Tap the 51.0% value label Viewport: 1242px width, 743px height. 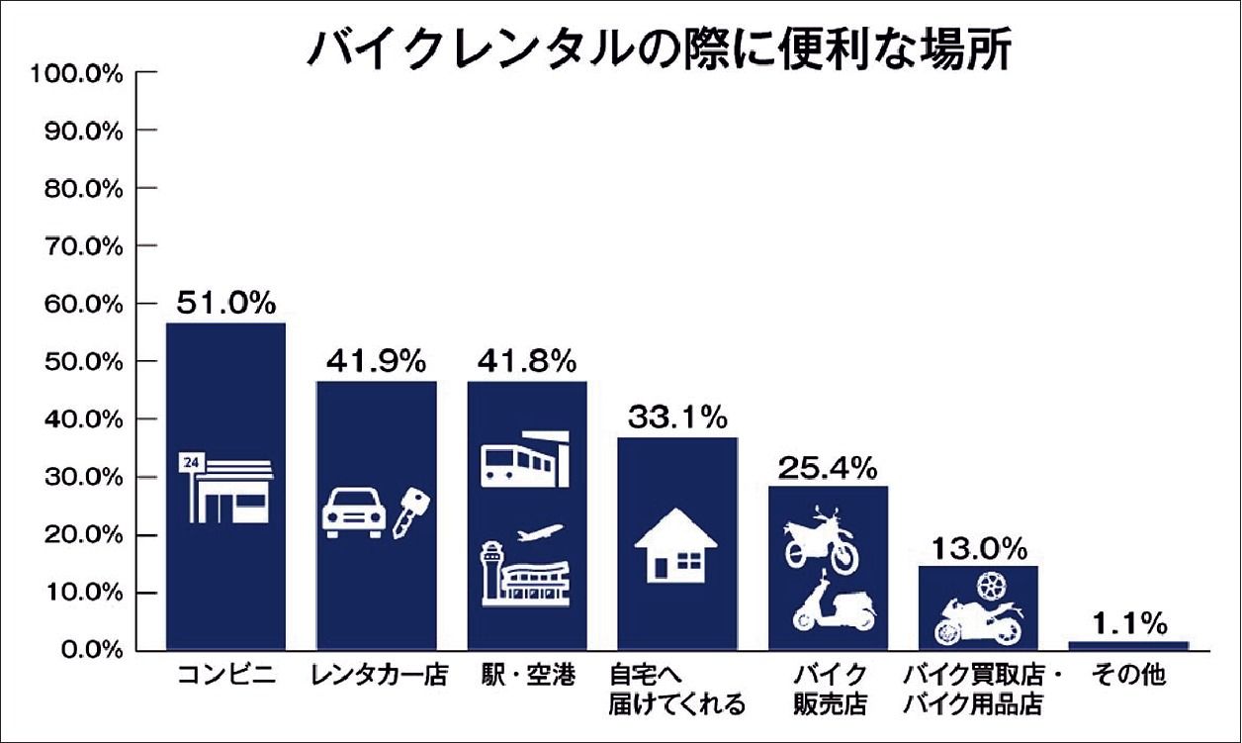225,303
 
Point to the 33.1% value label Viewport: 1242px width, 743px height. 677,418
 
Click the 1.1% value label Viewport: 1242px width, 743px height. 1128,623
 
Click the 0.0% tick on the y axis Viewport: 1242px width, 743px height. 85,650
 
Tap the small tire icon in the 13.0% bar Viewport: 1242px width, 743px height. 988,585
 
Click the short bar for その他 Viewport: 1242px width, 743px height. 1128,645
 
